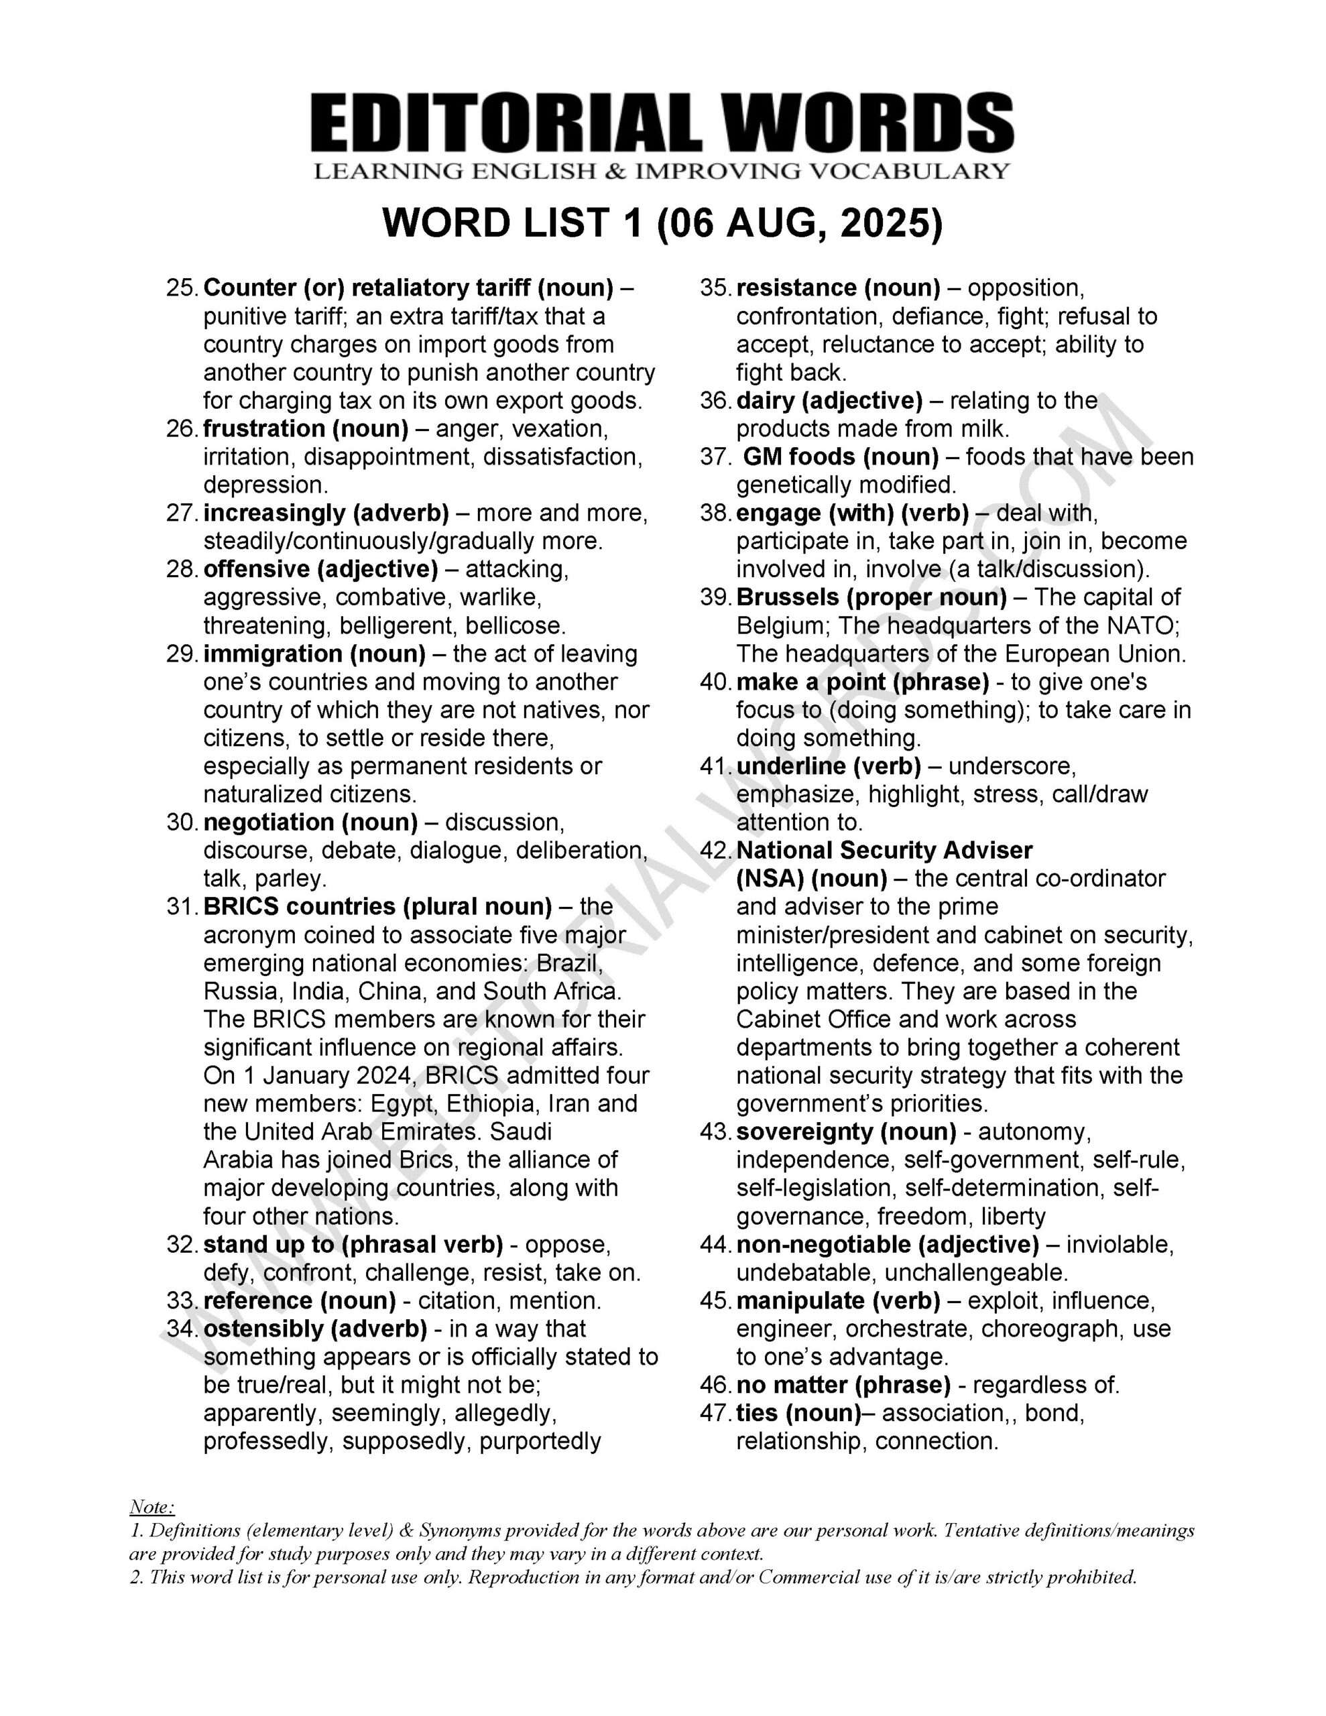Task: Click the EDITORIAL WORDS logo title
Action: point(662,123)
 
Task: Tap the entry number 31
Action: point(181,907)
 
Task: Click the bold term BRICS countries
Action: point(300,907)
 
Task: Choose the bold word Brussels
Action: point(788,597)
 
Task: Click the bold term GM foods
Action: point(798,457)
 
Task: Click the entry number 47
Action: point(715,1413)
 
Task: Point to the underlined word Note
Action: point(151,1507)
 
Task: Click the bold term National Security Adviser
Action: point(884,851)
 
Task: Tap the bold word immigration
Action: point(272,654)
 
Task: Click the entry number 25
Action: point(181,288)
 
